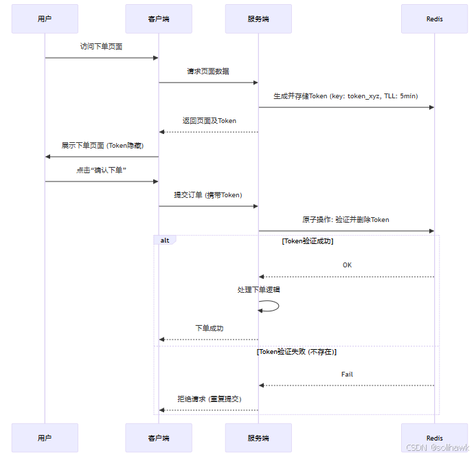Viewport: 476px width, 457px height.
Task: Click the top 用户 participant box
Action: click(45, 19)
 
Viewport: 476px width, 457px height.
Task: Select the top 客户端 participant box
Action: click(159, 19)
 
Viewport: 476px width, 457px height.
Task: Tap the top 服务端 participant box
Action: click(258, 19)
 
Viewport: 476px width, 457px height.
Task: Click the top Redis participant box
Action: click(434, 19)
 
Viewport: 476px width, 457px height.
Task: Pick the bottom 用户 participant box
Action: click(45, 438)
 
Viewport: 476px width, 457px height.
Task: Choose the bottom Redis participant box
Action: click(434, 438)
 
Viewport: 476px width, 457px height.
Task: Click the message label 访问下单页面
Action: click(101, 47)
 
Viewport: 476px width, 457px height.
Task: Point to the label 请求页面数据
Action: click(208, 71)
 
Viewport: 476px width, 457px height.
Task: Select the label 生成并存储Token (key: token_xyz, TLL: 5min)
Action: click(345, 96)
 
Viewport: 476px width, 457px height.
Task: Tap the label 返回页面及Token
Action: click(209, 121)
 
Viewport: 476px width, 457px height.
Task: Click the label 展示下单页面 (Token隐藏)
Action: click(102, 146)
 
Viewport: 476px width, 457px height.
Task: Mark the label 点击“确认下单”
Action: click(101, 170)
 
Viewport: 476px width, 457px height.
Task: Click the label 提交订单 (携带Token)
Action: click(208, 195)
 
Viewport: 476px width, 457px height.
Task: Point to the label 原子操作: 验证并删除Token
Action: click(345, 220)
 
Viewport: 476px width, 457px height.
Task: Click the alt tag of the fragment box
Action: click(165, 241)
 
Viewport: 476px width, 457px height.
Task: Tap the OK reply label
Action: click(348, 265)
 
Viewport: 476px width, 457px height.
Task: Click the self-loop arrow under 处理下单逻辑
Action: click(271, 306)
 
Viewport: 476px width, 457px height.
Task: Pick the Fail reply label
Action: click(347, 375)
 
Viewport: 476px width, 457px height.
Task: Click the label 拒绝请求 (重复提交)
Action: click(209, 399)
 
